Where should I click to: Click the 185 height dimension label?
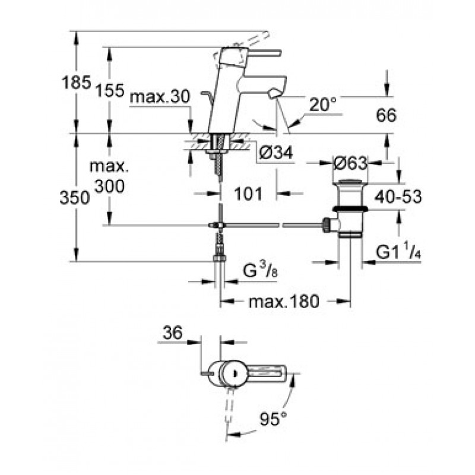click(77, 82)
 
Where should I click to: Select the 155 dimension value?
click(110, 90)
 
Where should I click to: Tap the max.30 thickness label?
click(160, 97)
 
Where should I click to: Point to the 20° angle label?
click(323, 105)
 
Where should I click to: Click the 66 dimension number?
click(386, 115)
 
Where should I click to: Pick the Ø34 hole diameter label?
click(276, 153)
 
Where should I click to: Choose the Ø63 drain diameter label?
click(350, 164)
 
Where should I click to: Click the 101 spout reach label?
click(248, 194)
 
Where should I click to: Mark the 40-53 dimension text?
click(398, 197)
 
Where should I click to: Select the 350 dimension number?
click(75, 198)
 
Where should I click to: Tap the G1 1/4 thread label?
click(398, 252)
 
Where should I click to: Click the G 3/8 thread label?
click(260, 271)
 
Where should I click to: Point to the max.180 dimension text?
click(284, 302)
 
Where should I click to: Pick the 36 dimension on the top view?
click(173, 332)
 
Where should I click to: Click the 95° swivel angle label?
click(273, 419)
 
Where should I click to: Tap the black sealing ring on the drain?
click(350, 209)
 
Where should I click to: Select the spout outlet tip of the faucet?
click(276, 93)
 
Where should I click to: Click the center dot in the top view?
click(233, 373)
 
